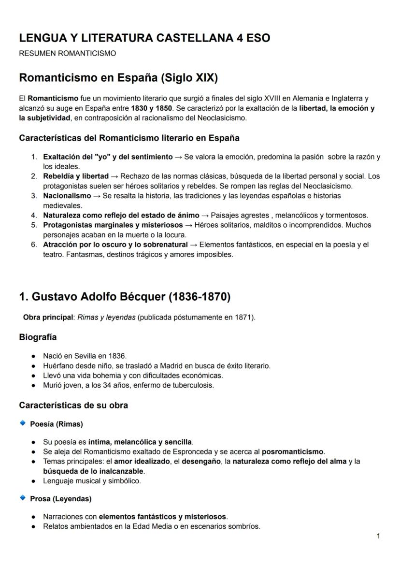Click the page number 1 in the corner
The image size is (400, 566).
pos(378,536)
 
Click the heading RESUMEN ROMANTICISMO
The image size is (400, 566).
pos(67,54)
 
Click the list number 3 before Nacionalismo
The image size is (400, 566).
pos(34,196)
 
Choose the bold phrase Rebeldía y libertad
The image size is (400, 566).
pos(76,176)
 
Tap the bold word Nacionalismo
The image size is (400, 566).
pos(67,196)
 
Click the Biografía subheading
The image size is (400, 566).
pos(38,337)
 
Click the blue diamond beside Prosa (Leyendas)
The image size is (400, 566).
pos(22,497)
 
